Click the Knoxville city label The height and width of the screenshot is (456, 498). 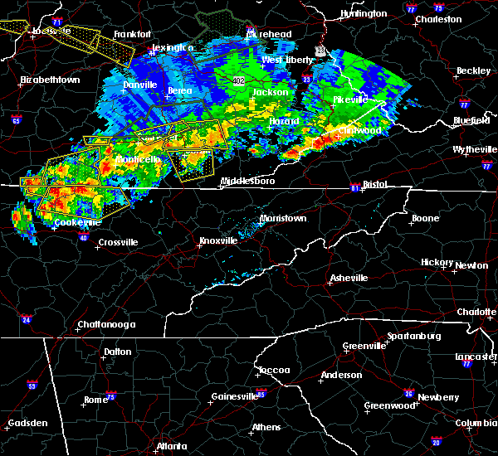[217, 241]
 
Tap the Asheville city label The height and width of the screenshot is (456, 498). [348, 278]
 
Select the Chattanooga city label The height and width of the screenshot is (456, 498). [100, 323]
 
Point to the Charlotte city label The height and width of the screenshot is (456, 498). [476, 312]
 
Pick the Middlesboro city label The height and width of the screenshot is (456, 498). [247, 180]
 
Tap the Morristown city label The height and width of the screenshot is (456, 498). [283, 218]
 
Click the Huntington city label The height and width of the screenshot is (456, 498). [364, 13]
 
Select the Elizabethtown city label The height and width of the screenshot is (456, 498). [50, 80]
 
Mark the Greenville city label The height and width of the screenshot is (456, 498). [364, 346]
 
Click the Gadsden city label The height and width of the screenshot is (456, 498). [25, 423]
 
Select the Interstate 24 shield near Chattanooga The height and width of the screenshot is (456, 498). [26, 318]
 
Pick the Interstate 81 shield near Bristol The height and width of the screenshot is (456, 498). [354, 188]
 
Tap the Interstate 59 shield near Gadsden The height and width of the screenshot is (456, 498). [32, 386]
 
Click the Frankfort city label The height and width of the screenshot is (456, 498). [133, 34]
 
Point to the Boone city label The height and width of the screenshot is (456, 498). [425, 219]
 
